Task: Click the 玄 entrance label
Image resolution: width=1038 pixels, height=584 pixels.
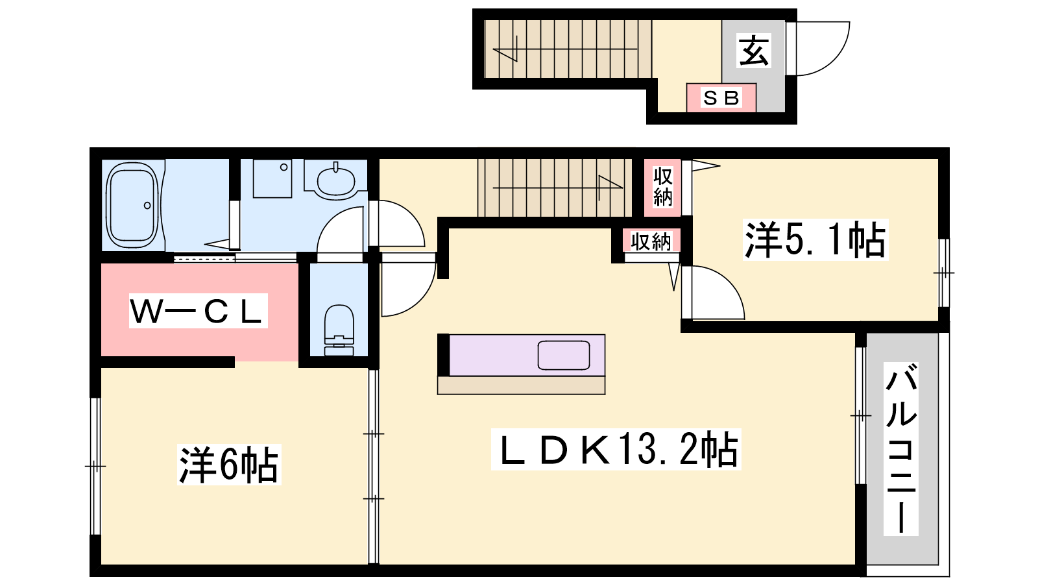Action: coord(753,51)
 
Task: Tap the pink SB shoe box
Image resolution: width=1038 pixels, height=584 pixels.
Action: coord(721,98)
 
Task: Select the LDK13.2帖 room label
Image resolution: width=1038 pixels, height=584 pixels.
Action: coord(616,449)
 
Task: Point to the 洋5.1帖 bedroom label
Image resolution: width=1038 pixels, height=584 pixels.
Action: coord(815,239)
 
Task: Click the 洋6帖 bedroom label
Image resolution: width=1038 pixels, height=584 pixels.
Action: coord(229,465)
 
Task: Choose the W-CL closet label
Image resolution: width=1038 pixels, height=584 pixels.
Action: coord(198,311)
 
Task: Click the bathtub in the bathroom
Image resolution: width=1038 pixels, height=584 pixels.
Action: coord(132,206)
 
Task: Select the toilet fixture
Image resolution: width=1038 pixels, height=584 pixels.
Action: coord(339,330)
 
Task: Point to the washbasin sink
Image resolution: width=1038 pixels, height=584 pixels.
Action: coord(335,181)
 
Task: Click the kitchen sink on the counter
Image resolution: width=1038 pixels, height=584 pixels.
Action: coord(564,356)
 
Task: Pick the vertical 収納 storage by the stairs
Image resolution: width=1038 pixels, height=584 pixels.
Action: coord(662,188)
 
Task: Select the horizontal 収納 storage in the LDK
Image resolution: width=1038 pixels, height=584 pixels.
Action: coord(651,241)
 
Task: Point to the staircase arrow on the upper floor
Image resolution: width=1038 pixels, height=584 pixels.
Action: coord(557,188)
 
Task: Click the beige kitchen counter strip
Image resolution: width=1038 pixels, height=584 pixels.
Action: coord(522,385)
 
